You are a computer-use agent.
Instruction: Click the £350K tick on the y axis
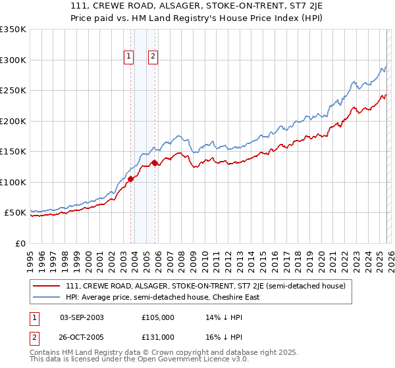tap(13, 30)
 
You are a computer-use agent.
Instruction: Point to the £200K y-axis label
tap(13, 121)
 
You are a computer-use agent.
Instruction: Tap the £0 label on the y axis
tap(20, 243)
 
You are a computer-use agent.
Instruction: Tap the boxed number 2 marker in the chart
tap(153, 57)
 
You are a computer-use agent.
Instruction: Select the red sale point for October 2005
tap(155, 163)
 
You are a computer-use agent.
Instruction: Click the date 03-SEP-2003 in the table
tap(82, 317)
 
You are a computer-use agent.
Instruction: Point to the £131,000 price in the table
tap(157, 336)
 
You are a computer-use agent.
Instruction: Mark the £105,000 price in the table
tap(157, 317)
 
